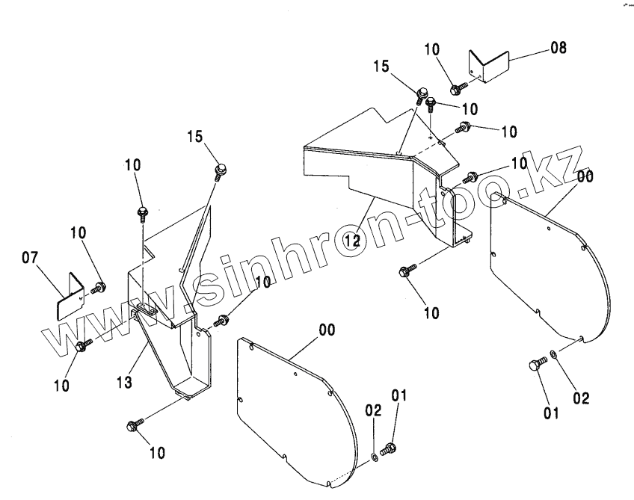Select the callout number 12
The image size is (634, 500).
point(354,240)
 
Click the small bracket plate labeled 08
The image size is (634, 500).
point(488,67)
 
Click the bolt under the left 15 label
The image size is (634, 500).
point(220,171)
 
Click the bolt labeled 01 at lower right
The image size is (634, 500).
point(535,364)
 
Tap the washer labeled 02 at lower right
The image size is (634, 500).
point(553,354)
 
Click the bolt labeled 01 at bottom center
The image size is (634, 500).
point(388,448)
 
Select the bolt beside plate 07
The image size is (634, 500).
point(98,287)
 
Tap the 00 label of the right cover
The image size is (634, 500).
point(585,178)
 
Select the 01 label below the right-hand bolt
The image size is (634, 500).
point(551,413)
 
